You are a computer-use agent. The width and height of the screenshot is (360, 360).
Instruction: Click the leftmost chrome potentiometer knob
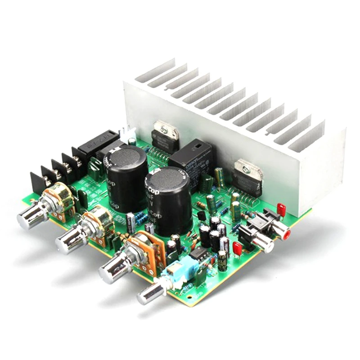28,218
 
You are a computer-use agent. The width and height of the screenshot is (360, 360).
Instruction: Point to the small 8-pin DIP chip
198,254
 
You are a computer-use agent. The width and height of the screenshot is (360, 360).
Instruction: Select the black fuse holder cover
97,142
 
